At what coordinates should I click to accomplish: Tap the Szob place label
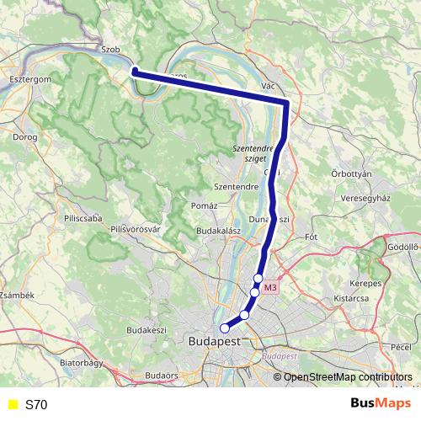tap(109, 50)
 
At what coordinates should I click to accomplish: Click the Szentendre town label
tap(237, 185)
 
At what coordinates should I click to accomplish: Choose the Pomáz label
tap(205, 205)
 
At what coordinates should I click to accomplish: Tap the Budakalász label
tap(219, 229)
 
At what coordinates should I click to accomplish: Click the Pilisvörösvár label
tap(136, 228)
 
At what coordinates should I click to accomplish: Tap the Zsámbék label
tap(16, 296)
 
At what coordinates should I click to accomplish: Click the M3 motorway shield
tap(269, 288)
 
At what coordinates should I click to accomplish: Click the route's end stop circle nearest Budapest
tap(224, 328)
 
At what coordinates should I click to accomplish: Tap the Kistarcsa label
tap(353, 298)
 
